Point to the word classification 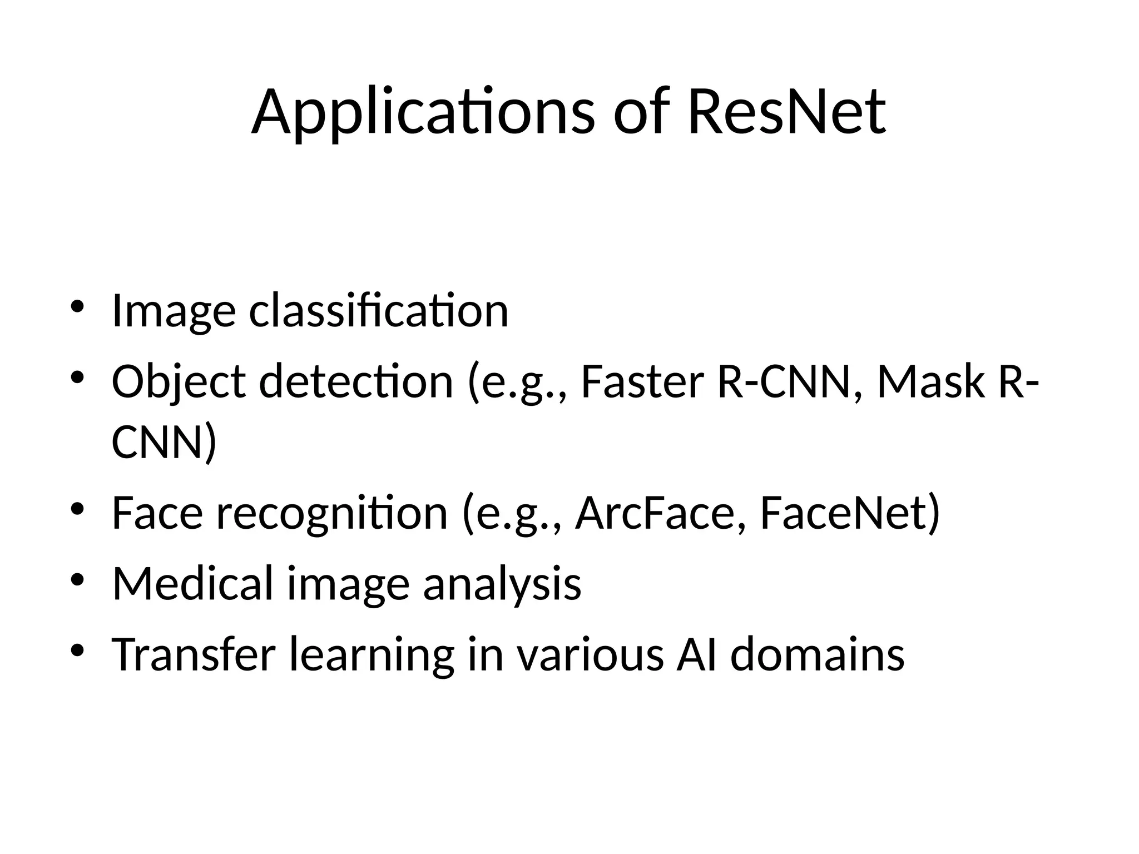(378, 311)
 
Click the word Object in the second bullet (179, 383)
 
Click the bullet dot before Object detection (77, 378)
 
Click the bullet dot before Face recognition (77, 508)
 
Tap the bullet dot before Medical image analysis (77, 579)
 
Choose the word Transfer (194, 654)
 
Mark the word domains (817, 654)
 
